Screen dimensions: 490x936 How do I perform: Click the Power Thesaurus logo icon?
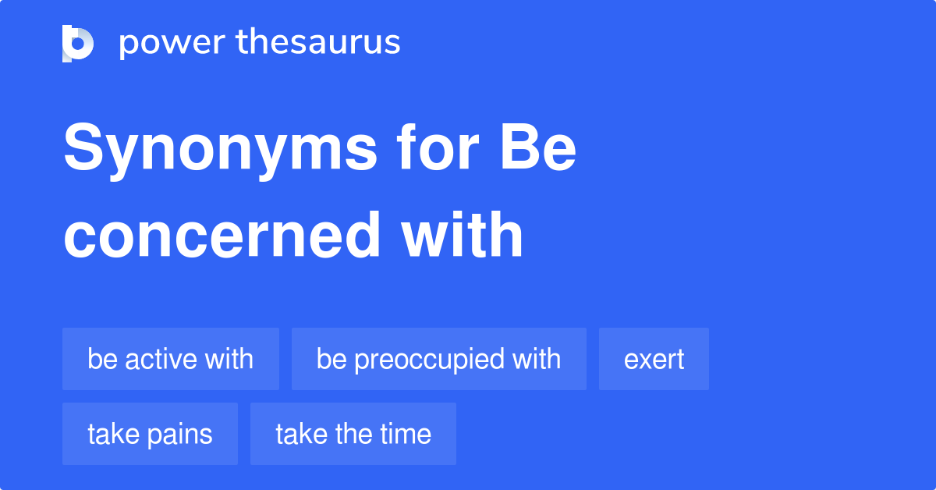(x=78, y=43)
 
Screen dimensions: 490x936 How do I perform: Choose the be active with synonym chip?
(x=171, y=359)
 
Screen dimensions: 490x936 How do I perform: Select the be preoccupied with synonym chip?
(x=439, y=359)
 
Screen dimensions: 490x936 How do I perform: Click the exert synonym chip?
(x=654, y=359)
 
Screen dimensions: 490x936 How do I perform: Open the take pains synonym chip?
(x=150, y=434)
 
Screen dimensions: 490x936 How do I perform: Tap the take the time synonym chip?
(x=353, y=434)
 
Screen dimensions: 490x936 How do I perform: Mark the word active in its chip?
(x=161, y=359)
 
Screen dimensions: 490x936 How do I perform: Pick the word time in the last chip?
(x=405, y=434)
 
